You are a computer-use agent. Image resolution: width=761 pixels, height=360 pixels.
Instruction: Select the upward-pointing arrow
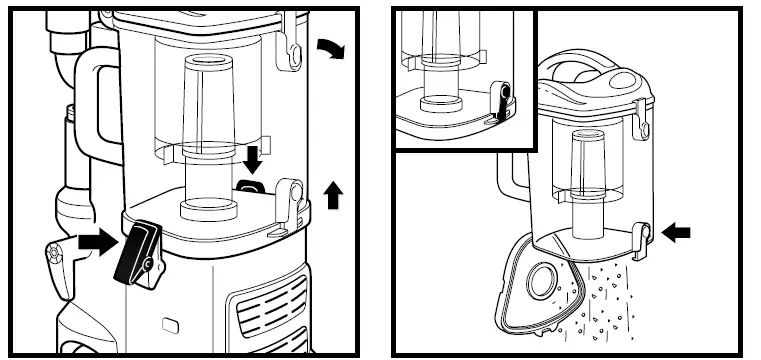(x=334, y=195)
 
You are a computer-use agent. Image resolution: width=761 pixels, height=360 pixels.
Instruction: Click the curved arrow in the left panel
(x=328, y=46)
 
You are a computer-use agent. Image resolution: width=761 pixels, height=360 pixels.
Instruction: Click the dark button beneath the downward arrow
(x=251, y=186)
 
